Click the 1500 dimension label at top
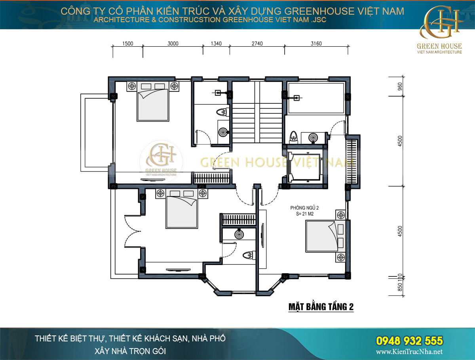coord(127,44)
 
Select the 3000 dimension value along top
coord(173,44)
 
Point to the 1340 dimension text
coord(217,44)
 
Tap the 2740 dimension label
coord(257,44)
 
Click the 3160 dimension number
coord(317,44)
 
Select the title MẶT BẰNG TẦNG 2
coord(321,307)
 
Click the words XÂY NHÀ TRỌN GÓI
coord(130,350)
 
